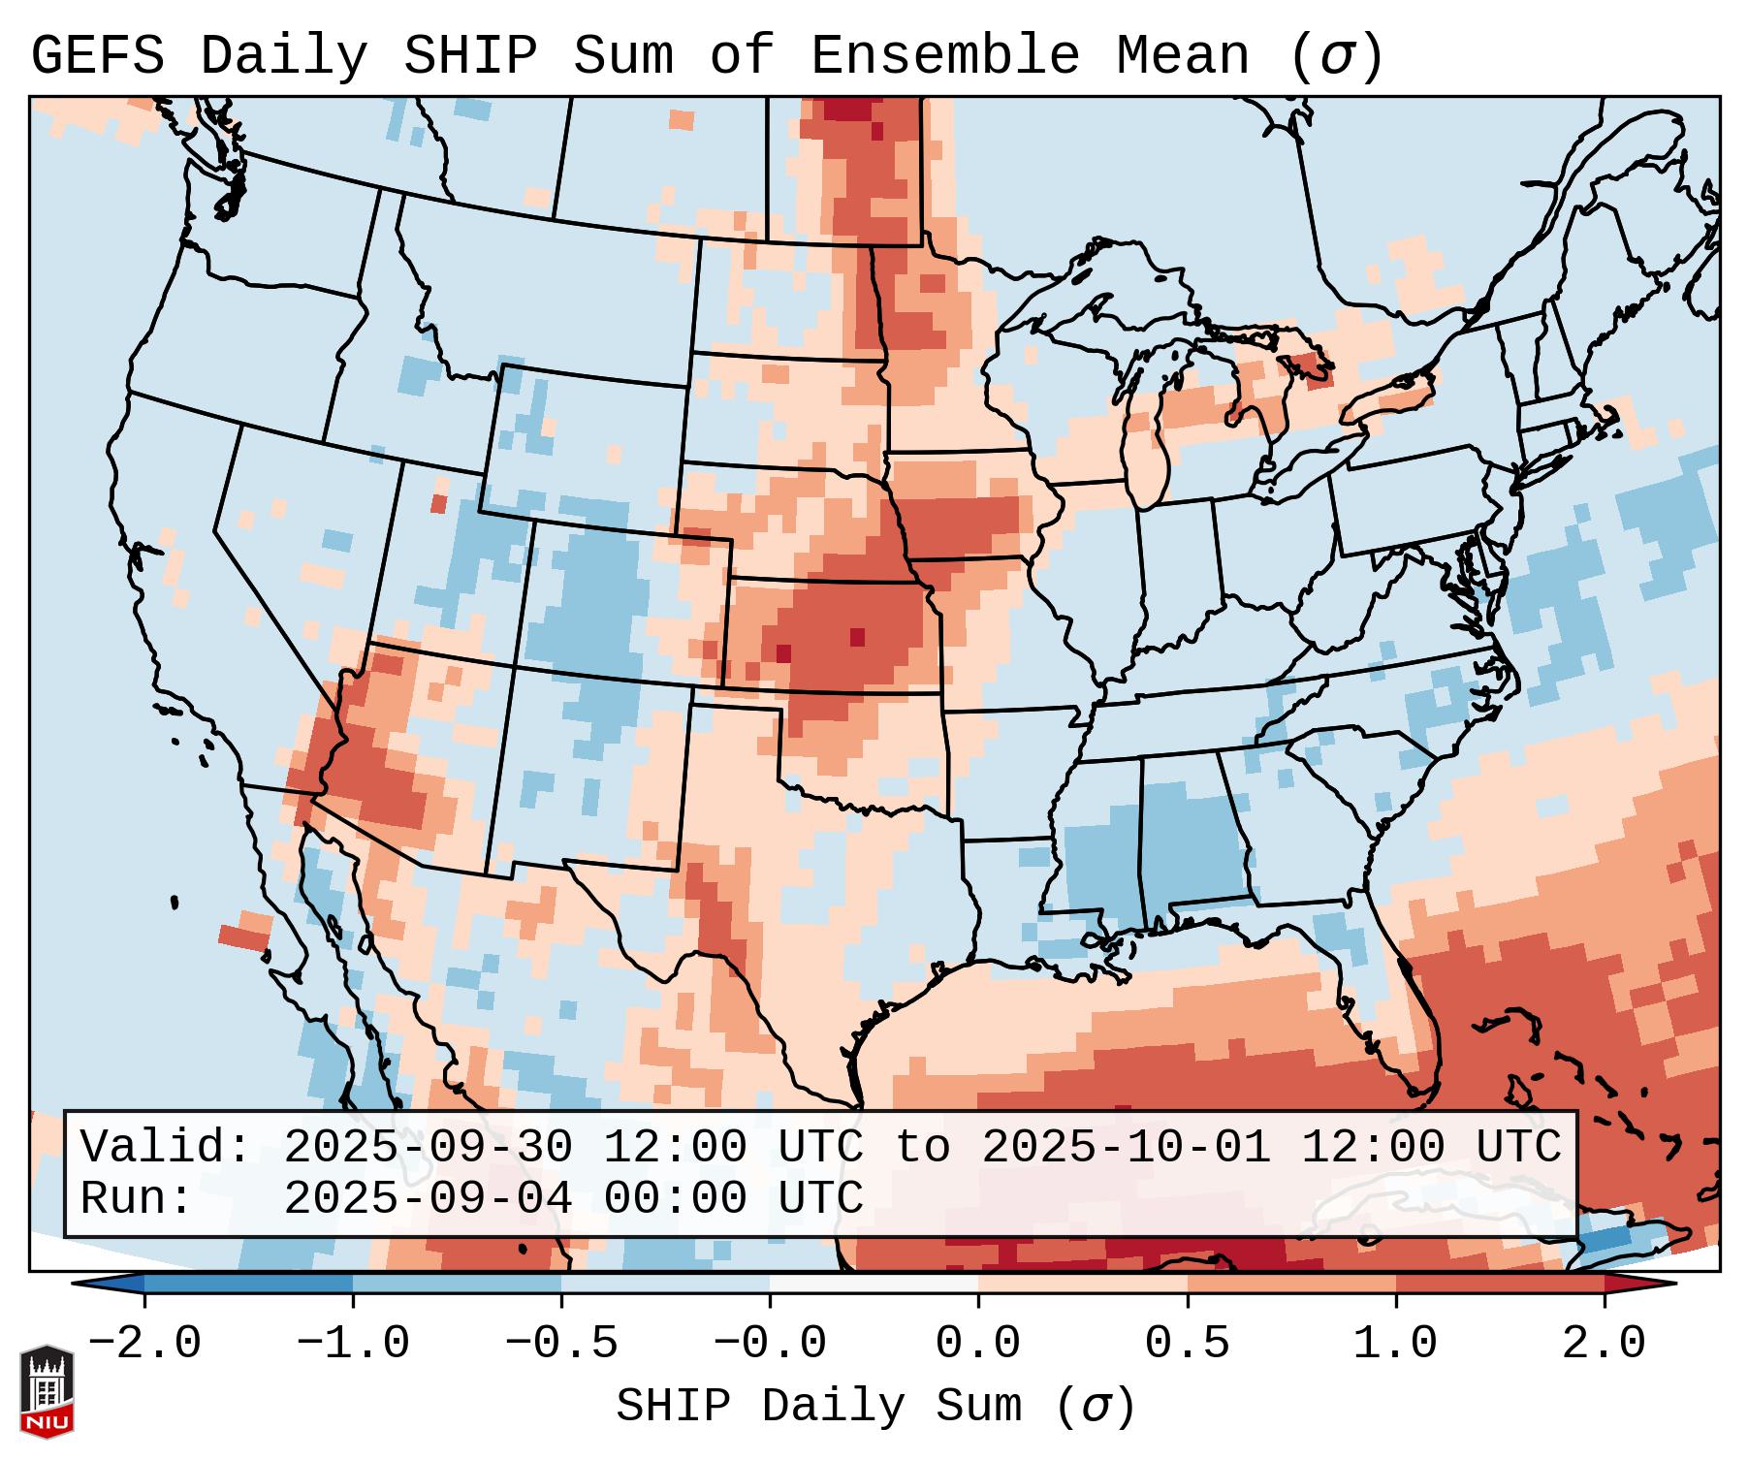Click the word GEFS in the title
pyautogui.click(x=97, y=56)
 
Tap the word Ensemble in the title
pyautogui.click(x=943, y=56)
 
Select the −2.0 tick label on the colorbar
pyautogui.click(x=144, y=1344)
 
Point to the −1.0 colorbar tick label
pyautogui.click(x=353, y=1344)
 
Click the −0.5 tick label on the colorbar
pyautogui.click(x=561, y=1344)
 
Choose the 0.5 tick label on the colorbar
pyautogui.click(x=1187, y=1344)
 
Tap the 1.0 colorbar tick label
pyautogui.click(x=1395, y=1344)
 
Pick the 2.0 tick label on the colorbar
pyautogui.click(x=1604, y=1344)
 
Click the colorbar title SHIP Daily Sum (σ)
pyautogui.click(x=874, y=1407)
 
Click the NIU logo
pyautogui.click(x=47, y=1390)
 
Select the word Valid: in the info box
pyautogui.click(x=166, y=1147)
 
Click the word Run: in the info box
pyautogui.click(x=137, y=1198)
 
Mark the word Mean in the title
pyautogui.click(x=1182, y=56)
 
